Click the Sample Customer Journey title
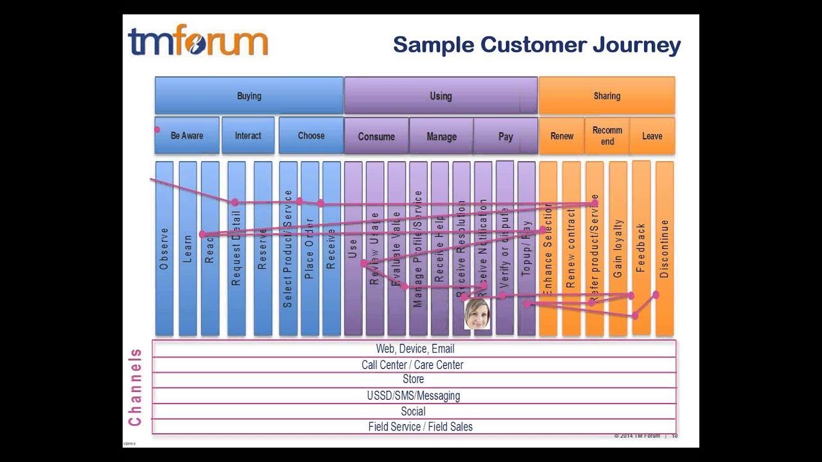[536, 46]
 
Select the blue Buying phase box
[249, 96]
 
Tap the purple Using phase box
[441, 96]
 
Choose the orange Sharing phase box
[607, 96]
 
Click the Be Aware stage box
[187, 135]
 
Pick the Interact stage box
[248, 135]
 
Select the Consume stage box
[376, 136]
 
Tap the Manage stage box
[441, 136]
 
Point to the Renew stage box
[562, 135]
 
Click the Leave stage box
[652, 135]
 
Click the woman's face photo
[477, 314]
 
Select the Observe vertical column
[164, 248]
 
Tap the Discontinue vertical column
[665, 248]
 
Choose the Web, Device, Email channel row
[415, 349]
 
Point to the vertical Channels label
[135, 387]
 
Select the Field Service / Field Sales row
[420, 427]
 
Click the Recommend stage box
[607, 135]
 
